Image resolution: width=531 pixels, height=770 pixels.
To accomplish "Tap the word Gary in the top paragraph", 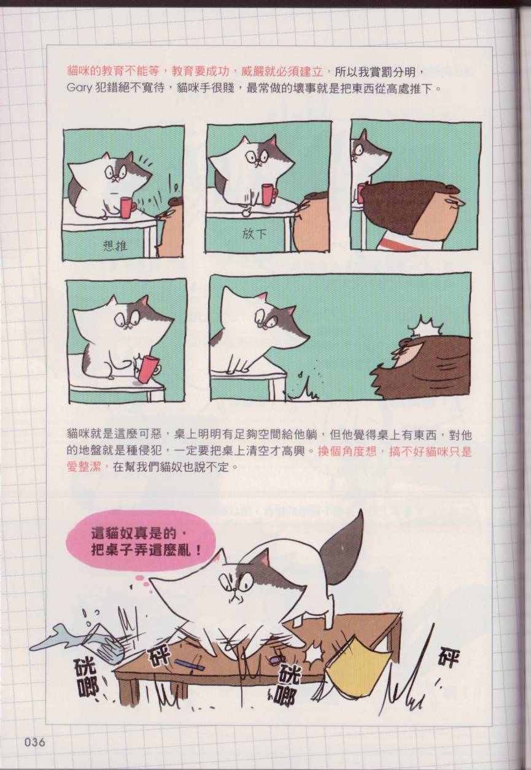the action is click(x=79, y=88).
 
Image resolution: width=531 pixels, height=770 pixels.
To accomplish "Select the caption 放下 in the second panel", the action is click(x=254, y=235).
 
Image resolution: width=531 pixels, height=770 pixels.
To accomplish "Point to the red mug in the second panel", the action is click(x=269, y=194).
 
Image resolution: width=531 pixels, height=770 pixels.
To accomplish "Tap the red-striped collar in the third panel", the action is click(x=399, y=243).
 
